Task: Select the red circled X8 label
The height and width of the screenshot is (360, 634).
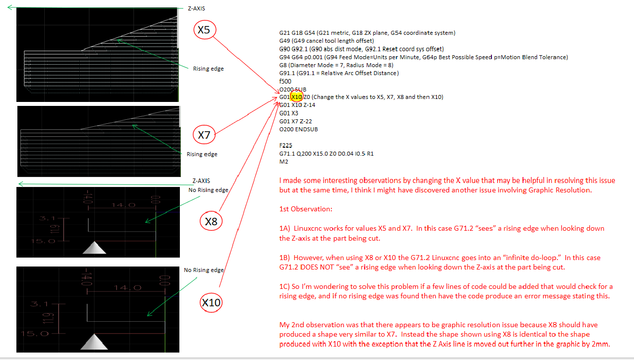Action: click(212, 222)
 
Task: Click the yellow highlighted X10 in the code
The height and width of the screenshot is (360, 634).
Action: click(297, 97)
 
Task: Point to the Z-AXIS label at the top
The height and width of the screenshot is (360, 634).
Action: click(196, 8)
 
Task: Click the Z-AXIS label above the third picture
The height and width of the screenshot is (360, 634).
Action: click(202, 181)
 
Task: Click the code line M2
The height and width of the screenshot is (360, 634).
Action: click(284, 162)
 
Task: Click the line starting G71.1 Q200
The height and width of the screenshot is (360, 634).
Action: click(326, 154)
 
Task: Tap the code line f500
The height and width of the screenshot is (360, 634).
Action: click(285, 81)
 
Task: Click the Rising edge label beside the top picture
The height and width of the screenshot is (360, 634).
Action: click(208, 69)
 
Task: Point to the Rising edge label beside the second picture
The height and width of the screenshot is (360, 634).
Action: click(202, 154)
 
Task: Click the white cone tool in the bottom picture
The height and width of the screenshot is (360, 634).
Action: click(94, 343)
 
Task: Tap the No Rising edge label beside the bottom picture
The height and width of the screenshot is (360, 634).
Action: click(203, 270)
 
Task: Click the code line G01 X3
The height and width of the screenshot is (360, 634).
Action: click(289, 113)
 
